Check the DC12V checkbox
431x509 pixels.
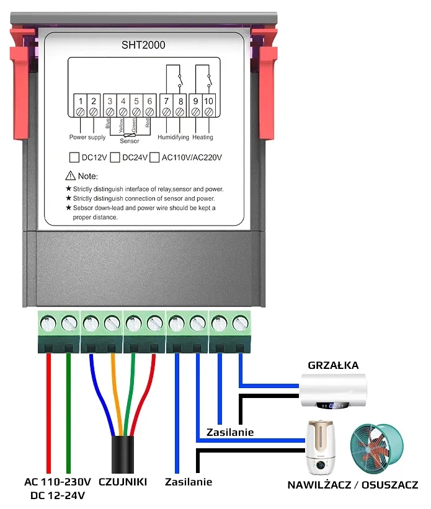74,157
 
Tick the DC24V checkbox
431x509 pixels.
115,157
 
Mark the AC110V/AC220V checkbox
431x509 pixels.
154,157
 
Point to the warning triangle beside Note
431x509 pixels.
70,176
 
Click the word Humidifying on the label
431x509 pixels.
173,137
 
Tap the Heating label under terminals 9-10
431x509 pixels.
203,137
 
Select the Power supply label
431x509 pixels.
87,137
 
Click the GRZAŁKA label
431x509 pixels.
333,365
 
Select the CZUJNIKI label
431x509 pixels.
123,482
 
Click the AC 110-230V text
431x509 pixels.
58,482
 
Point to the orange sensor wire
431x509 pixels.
114,397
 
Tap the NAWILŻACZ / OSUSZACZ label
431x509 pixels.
352,485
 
